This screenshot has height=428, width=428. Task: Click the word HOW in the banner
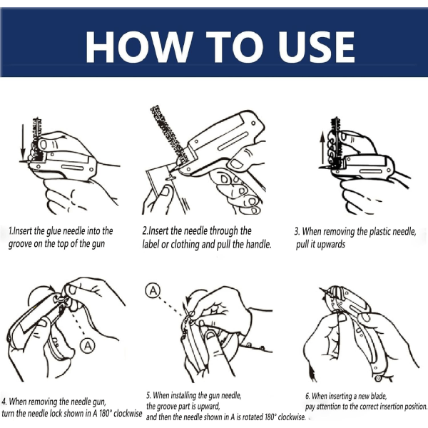click(x=139, y=46)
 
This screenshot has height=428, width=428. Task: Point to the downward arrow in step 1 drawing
click(x=23, y=143)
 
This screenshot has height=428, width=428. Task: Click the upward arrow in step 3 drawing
click(x=322, y=149)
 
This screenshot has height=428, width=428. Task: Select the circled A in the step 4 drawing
click(x=87, y=346)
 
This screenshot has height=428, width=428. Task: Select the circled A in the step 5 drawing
click(x=153, y=290)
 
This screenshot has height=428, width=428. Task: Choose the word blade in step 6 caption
click(x=379, y=396)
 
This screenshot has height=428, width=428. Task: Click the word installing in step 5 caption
click(x=184, y=395)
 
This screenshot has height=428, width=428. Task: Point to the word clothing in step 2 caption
click(x=185, y=245)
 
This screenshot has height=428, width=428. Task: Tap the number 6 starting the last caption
click(x=307, y=396)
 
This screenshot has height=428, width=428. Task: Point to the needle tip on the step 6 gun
click(x=320, y=289)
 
